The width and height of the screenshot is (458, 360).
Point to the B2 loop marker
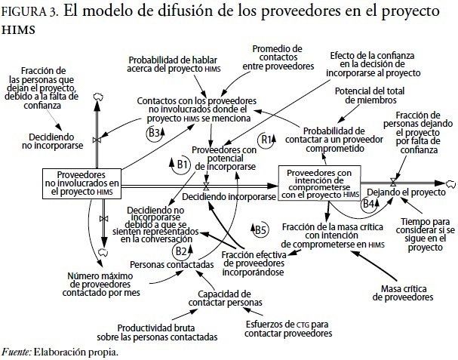point(180,251)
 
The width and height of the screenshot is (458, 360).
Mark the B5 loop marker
point(260,229)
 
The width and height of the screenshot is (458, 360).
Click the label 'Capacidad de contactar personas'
point(224,298)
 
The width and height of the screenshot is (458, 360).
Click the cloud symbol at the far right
point(450,182)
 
